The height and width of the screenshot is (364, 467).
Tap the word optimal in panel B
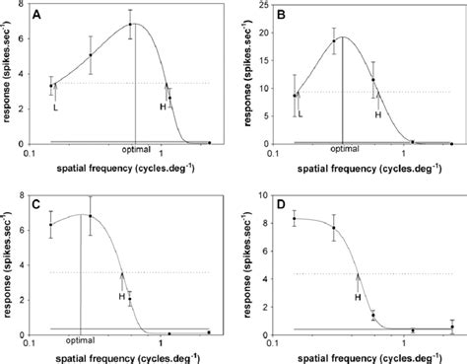[344, 150]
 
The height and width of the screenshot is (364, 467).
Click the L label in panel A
[54, 109]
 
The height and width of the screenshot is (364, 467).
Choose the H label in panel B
[377, 114]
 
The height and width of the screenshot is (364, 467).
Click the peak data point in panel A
[130, 26]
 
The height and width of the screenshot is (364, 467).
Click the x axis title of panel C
[129, 356]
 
